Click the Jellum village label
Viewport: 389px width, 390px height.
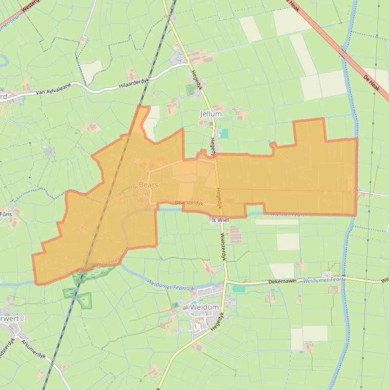pos(210,114)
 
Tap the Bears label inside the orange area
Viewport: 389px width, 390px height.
pos(148,185)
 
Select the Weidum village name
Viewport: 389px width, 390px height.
pos(204,307)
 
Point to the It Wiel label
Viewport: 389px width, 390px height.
pos(221,220)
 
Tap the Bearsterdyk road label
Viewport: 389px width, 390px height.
pos(189,203)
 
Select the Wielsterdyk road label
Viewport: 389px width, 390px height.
pos(223,245)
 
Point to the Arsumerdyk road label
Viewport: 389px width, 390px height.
pos(33,349)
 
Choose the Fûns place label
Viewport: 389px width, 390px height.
pos(6,214)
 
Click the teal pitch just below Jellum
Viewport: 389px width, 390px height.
pos(225,133)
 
